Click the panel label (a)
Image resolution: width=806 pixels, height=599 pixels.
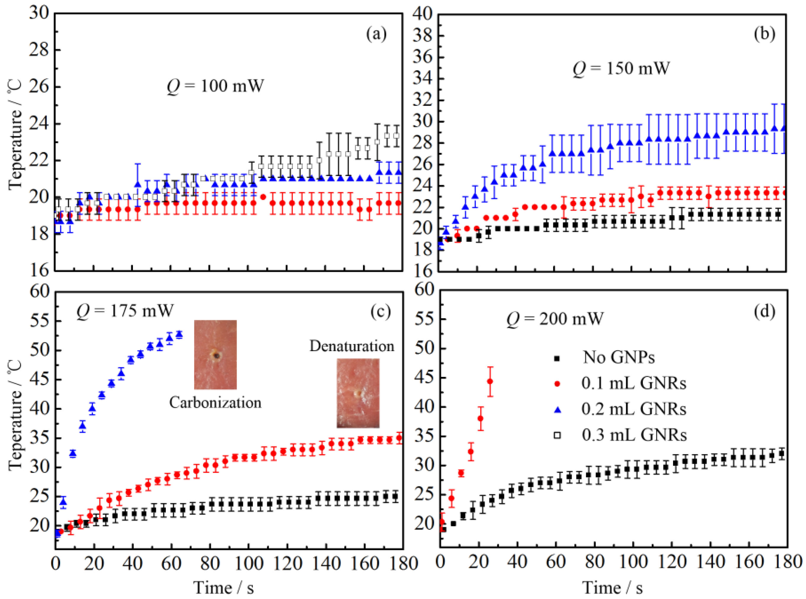(376, 34)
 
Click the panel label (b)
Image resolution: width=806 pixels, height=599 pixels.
(764, 34)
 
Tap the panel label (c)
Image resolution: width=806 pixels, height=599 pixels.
(380, 311)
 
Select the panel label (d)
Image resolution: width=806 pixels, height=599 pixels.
(764, 311)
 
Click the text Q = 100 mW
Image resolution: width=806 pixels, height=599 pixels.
(215, 86)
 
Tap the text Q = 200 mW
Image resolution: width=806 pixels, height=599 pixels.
(555, 319)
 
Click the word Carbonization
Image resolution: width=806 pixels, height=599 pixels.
(215, 403)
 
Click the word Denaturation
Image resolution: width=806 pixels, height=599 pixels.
(351, 346)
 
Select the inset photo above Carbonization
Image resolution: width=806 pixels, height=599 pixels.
(215, 355)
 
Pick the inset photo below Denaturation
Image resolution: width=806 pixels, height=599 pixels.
(358, 393)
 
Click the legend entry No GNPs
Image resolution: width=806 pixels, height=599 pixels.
(618, 358)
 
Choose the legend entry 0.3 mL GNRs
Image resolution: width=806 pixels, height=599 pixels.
(634, 435)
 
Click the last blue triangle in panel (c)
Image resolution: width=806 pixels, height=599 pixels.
(179, 334)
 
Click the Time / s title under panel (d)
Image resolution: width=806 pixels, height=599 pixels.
(612, 588)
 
